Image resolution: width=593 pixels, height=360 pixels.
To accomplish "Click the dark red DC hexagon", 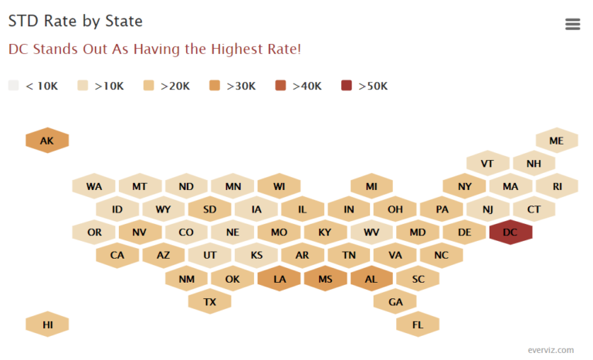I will [510, 232].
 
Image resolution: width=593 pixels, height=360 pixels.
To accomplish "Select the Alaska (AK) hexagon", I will [47, 141].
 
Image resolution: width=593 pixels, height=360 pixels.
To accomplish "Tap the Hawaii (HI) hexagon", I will [47, 324].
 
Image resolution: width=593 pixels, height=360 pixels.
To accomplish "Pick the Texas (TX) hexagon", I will [209, 301].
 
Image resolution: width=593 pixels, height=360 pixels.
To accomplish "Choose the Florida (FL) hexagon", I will [418, 324].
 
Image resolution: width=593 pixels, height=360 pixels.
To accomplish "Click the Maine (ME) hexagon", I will [557, 141].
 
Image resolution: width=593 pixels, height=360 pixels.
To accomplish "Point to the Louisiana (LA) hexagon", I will [279, 278].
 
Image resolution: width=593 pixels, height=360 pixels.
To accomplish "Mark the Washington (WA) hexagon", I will [93, 186].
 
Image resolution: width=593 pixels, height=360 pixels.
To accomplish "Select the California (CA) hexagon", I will [117, 255].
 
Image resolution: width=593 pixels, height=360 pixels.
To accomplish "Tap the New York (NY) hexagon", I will [464, 186].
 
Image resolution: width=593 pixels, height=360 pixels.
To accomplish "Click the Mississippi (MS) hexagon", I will [325, 278].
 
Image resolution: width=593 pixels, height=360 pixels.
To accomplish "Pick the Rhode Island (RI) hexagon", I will [557, 186].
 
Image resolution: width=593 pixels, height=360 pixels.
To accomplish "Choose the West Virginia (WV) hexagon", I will [371, 232].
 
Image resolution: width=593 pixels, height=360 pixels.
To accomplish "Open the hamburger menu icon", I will [572, 24].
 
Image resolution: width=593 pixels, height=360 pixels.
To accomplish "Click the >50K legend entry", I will [365, 86].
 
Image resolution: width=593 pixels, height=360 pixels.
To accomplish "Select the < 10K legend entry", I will [34, 86].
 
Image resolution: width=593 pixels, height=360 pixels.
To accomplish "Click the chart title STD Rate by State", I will [75, 22].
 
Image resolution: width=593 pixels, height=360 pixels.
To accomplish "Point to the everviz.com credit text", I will [551, 350].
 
